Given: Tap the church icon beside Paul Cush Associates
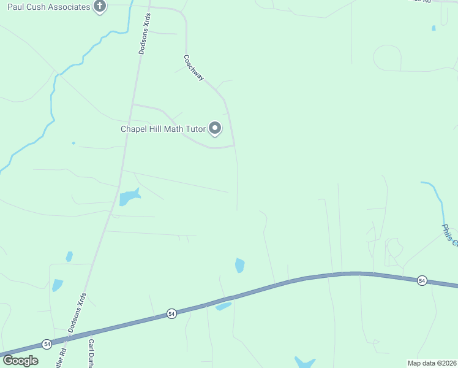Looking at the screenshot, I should (x=100, y=7).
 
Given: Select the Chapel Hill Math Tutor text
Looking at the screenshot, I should (x=163, y=129).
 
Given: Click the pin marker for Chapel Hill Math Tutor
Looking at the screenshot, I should (x=215, y=128).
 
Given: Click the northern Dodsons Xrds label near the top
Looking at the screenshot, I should (x=144, y=35).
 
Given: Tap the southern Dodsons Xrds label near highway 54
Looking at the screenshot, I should (x=77, y=313).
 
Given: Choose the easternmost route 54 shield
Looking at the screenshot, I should (x=421, y=280).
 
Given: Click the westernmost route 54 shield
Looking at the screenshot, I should (x=47, y=344).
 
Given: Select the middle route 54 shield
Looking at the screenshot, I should (x=171, y=314).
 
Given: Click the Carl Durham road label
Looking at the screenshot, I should (x=92, y=352).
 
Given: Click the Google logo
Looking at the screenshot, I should (x=20, y=361).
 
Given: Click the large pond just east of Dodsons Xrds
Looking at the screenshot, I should (x=129, y=197).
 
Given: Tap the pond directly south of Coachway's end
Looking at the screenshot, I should (x=239, y=265).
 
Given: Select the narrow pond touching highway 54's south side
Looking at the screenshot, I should (x=223, y=306).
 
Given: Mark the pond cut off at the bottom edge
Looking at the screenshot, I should (x=304, y=362).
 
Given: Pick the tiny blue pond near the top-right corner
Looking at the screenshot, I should (x=434, y=28).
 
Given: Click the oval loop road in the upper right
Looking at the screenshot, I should (x=388, y=59).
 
